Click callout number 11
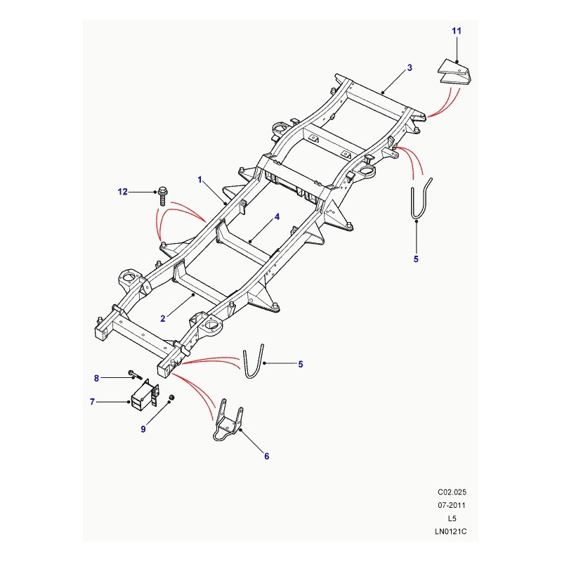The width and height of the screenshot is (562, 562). tap(456, 32)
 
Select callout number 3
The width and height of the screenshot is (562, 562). tap(409, 68)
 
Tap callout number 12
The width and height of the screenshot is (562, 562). tap(124, 191)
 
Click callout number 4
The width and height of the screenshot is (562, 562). tap(277, 218)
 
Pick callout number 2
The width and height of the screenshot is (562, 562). tap(162, 318)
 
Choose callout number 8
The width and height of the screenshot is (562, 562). tap(98, 379)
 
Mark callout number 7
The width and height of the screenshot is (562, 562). tap(92, 402)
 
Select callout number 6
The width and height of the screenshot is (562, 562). tap(266, 457)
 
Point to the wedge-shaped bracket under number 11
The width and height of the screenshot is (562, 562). tap(455, 74)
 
